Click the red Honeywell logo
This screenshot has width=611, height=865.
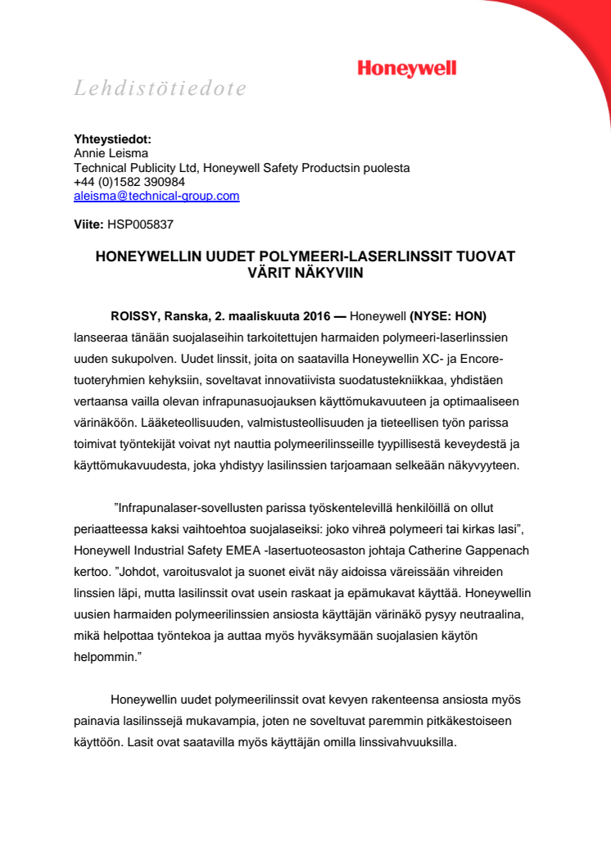pyautogui.click(x=406, y=69)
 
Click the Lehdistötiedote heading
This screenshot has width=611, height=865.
pyautogui.click(x=161, y=88)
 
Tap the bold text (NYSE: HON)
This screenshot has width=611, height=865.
pyautogui.click(x=453, y=316)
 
